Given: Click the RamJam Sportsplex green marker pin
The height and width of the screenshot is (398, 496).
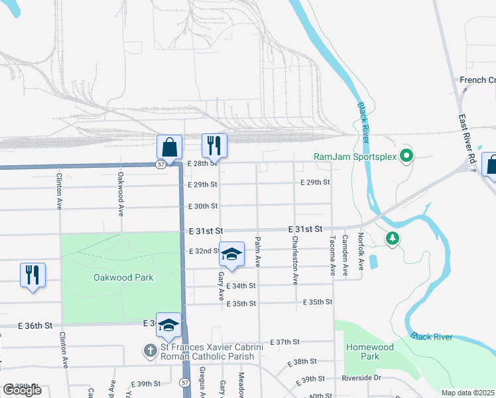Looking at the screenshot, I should (x=407, y=157).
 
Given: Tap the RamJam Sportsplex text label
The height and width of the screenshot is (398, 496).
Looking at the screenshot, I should (x=355, y=157).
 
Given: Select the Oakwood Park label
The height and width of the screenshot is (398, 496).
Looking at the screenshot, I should (x=123, y=277).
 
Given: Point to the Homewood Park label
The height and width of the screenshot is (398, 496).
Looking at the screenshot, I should (x=369, y=352).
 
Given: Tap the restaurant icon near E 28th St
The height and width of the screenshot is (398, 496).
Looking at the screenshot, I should (x=214, y=146).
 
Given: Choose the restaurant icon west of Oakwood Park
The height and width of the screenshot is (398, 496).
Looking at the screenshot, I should (x=32, y=275).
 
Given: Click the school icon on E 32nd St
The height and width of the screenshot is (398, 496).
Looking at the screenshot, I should (x=231, y=254).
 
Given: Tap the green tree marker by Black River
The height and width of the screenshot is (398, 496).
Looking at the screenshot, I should (x=393, y=237).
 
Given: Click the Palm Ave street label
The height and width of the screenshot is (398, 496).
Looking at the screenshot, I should (x=258, y=251).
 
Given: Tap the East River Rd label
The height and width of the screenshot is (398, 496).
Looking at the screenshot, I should (x=467, y=139).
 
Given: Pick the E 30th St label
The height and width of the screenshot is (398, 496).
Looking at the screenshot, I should (x=203, y=206).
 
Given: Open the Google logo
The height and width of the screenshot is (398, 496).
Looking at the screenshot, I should (x=22, y=390).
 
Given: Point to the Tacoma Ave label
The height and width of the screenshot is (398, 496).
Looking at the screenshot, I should (x=332, y=255).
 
